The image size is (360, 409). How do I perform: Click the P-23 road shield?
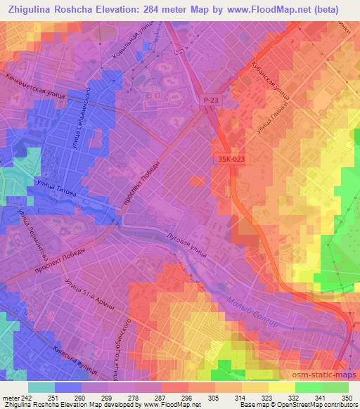point(210,100)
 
